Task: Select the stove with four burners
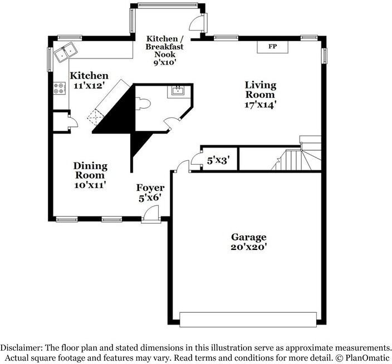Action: click(x=59, y=88)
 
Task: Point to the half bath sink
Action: click(x=178, y=91)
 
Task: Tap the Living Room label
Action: click(x=261, y=94)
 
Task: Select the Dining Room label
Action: click(x=90, y=175)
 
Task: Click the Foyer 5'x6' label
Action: click(x=150, y=193)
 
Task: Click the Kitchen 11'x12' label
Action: click(x=89, y=81)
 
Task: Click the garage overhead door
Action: click(x=250, y=319)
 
